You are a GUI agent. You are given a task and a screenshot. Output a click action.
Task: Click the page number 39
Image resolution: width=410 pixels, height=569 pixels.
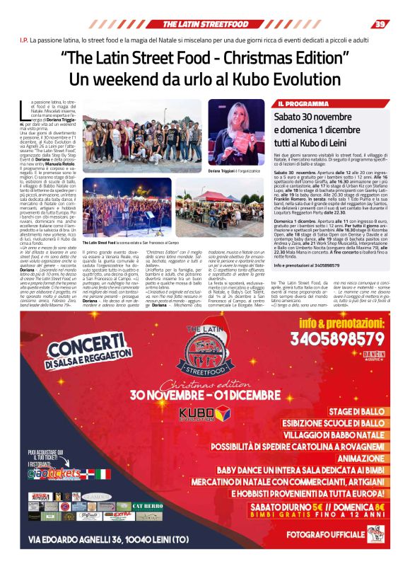[381, 24]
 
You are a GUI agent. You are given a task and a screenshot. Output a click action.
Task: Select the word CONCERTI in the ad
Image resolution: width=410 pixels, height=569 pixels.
[66, 351]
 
